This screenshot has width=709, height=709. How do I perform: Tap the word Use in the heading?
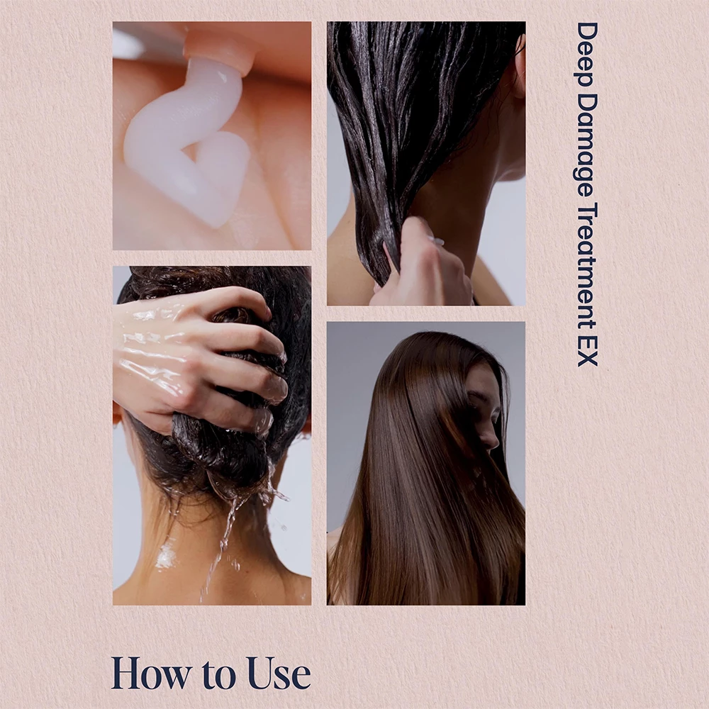[x=279, y=674]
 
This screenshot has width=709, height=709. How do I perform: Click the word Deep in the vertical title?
[x=588, y=55]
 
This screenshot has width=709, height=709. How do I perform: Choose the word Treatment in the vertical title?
[x=588, y=267]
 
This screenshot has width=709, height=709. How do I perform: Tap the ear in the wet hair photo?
[x=519, y=68]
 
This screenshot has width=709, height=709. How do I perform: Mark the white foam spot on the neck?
[x=165, y=556]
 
